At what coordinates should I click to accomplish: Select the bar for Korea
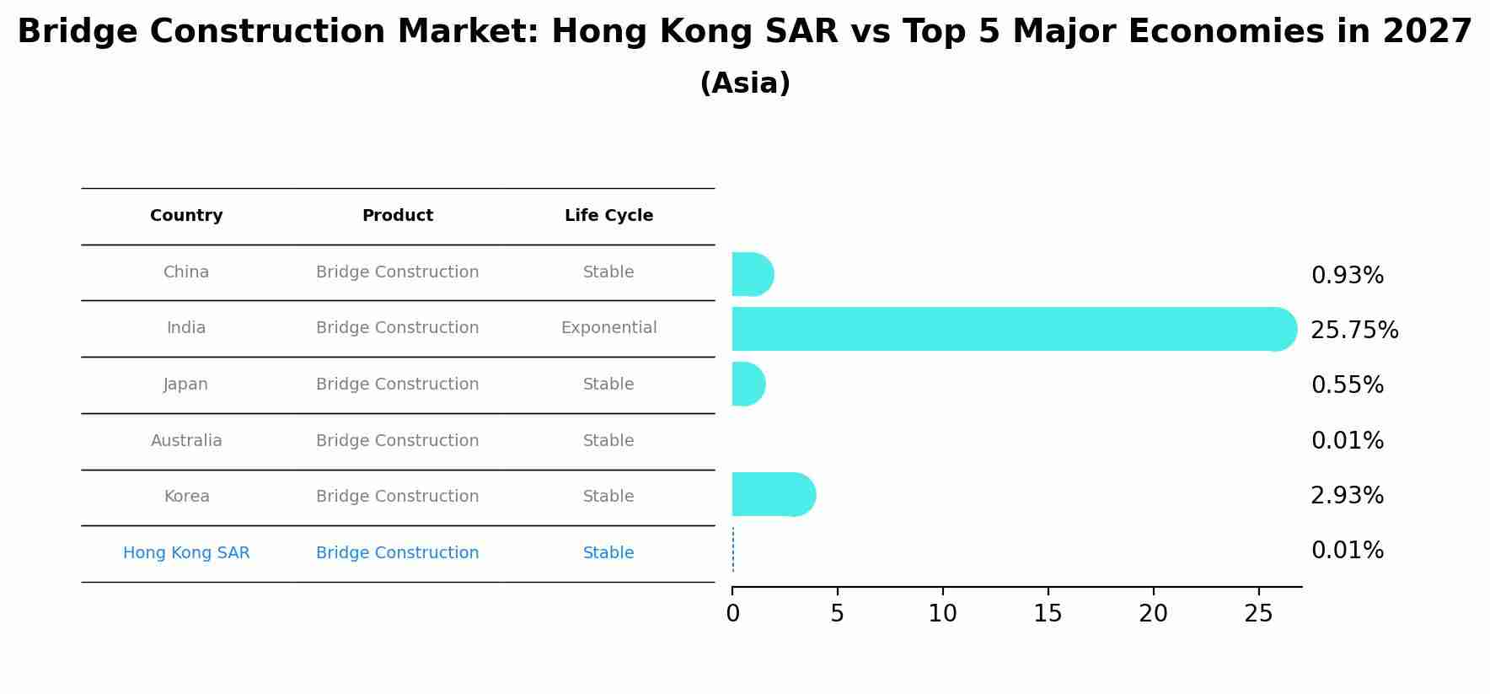772,494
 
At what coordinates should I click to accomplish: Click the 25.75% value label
1354,331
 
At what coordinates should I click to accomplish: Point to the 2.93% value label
1347,496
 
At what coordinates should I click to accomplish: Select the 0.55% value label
1347,385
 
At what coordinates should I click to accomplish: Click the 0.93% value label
1347,276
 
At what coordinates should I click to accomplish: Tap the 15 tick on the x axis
1048,614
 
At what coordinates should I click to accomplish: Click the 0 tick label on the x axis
732,614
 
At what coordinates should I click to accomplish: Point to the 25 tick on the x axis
1258,614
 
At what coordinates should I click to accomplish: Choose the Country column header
186,216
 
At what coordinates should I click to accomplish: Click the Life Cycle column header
608,216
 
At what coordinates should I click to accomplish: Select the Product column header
397,216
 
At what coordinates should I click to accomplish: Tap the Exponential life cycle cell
608,328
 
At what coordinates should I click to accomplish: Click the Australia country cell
186,441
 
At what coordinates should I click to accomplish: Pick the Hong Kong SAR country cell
186,553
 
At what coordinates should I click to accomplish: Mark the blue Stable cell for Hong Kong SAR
608,553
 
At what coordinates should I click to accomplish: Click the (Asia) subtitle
745,83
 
